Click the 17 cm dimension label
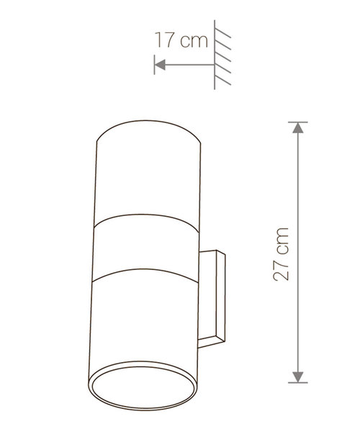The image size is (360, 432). click(x=181, y=40)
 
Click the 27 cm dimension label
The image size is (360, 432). click(x=281, y=254)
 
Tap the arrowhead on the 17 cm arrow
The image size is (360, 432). click(x=160, y=65)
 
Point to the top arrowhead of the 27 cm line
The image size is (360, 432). click(x=298, y=127)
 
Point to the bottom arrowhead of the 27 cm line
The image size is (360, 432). click(x=298, y=377)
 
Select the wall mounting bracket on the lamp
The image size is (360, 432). click(x=212, y=299)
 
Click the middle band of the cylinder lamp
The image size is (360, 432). click(x=145, y=248)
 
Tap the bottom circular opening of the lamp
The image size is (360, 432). click(x=143, y=386)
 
